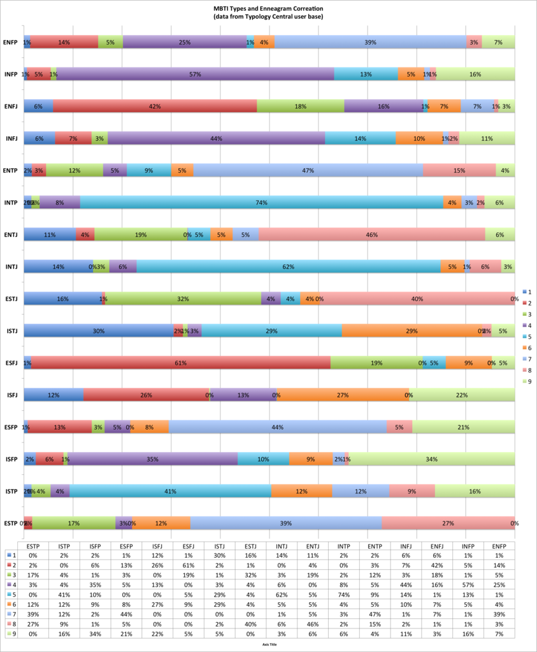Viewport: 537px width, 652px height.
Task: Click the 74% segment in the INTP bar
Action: [261, 202]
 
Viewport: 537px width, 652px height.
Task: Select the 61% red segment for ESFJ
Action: [181, 363]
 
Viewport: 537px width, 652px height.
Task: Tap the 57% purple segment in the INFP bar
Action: [195, 74]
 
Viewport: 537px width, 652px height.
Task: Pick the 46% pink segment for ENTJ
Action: [371, 235]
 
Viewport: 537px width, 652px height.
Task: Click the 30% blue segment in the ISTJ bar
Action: [98, 331]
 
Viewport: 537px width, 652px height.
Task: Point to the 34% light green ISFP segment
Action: [431, 459]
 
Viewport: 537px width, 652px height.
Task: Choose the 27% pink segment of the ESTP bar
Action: [448, 523]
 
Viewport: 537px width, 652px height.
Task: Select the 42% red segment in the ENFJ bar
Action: [155, 106]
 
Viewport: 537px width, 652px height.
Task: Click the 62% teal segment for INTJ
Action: [289, 267]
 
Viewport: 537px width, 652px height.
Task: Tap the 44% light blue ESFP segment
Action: [278, 427]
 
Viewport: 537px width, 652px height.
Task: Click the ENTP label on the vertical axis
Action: [10, 171]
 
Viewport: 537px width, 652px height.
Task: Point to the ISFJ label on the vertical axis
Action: [10, 395]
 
